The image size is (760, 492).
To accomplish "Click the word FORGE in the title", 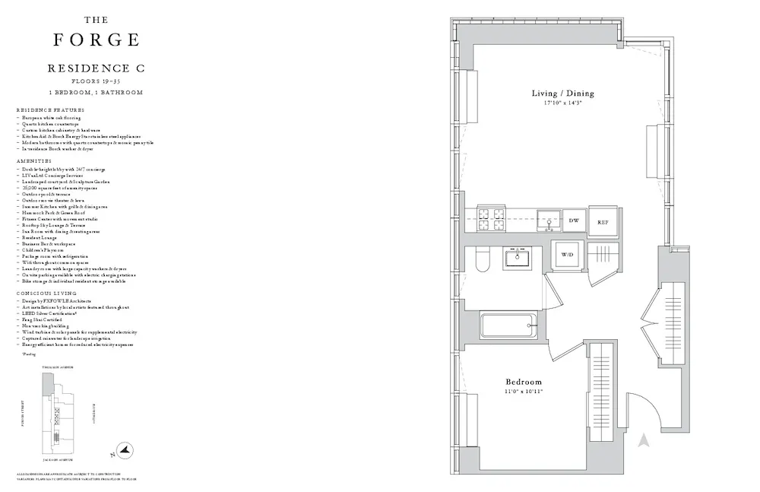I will click(96, 40).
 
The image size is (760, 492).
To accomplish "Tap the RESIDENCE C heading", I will click(96, 68).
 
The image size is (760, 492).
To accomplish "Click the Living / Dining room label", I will click(562, 94).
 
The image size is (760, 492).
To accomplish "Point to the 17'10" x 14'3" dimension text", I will click(562, 103).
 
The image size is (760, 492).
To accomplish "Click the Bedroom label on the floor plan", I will click(524, 382).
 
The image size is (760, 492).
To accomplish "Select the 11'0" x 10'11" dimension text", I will click(524, 392).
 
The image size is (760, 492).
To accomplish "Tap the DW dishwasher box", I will click(575, 221).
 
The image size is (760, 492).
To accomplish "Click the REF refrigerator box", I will click(602, 221).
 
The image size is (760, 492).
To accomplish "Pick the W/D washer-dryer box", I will click(567, 254).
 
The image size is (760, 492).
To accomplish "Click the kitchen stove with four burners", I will click(490, 220).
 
